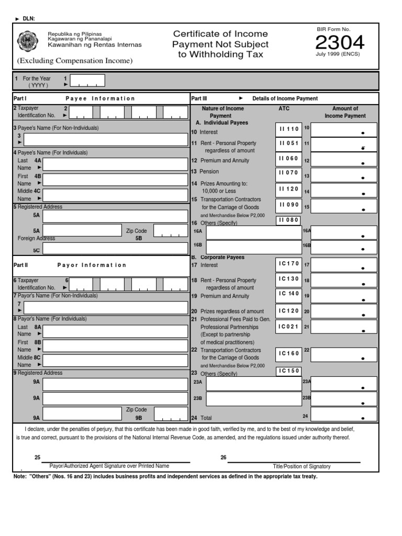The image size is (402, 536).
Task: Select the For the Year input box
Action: coord(87,81)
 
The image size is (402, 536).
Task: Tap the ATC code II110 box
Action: coord(289,129)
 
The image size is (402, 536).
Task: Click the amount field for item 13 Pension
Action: coord(343,175)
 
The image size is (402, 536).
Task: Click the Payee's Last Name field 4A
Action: coord(115,164)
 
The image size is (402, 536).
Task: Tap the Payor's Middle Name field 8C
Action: coord(115,361)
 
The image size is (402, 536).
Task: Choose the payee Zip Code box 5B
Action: coord(171,231)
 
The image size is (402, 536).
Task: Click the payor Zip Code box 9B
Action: coord(171,414)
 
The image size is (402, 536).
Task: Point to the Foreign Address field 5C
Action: coord(115,248)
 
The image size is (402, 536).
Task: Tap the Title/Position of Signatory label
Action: coord(301,466)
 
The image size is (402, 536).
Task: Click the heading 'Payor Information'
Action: coord(92,265)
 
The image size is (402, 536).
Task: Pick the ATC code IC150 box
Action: coord(289,371)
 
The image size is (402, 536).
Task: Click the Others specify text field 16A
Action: coord(253,232)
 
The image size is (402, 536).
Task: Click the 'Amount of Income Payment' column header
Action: coord(344,112)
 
